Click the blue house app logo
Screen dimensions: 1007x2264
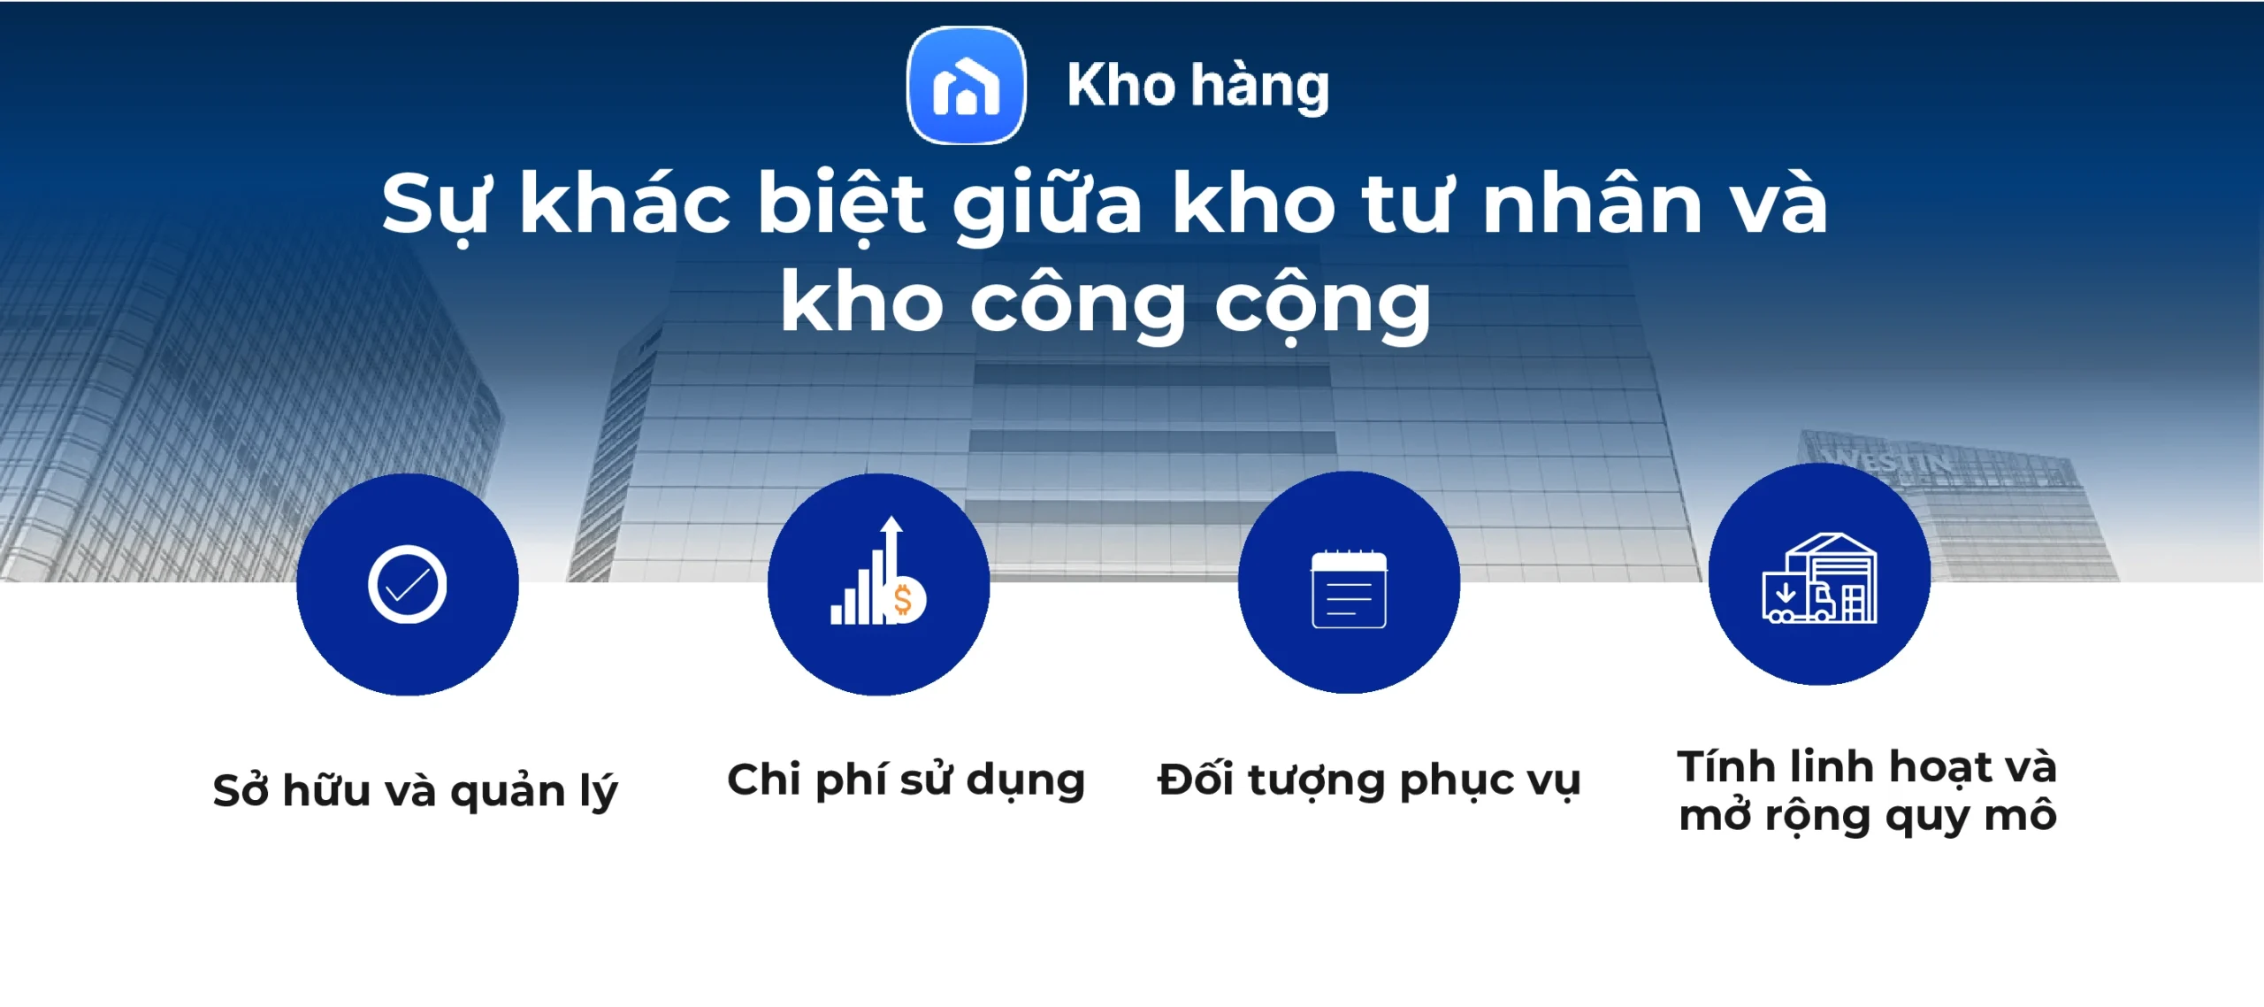pos(966,85)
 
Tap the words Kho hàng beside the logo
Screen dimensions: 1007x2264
pos(1197,87)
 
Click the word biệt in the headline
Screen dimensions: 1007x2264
pos(841,205)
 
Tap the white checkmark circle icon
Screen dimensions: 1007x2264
pos(407,585)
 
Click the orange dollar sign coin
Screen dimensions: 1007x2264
pos(904,601)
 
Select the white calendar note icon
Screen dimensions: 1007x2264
pos(1349,588)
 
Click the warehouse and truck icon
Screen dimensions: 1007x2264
pos(1819,579)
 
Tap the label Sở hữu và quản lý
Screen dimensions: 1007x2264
pos(415,790)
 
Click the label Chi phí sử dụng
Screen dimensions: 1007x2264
pos(906,780)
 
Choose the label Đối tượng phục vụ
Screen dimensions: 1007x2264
pos(1368,780)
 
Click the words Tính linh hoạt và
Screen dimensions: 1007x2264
pos(1867,766)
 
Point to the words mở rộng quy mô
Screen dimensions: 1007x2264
pos(1867,816)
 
